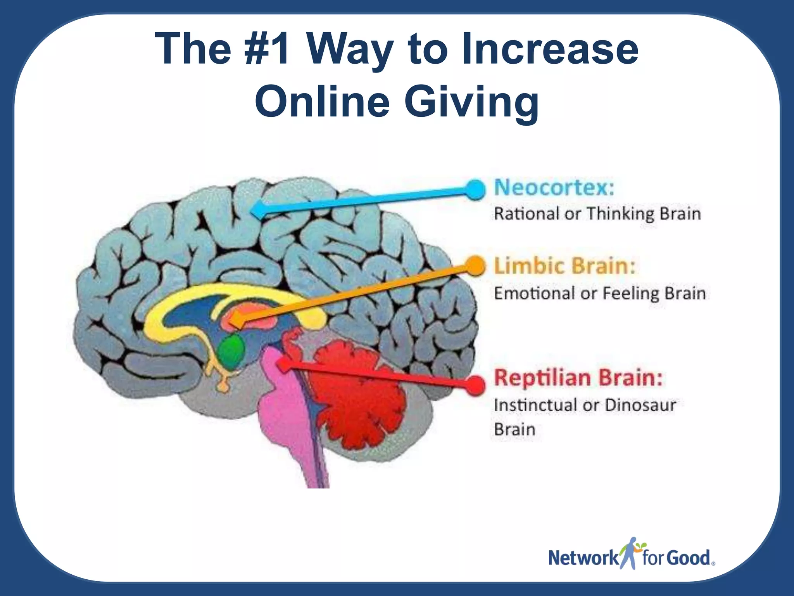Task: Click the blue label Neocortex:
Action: (554, 188)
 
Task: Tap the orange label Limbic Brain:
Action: (564, 266)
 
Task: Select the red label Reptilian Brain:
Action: (578, 378)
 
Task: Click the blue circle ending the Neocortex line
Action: (474, 189)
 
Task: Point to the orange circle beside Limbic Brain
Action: (474, 266)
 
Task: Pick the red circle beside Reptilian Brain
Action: (474, 385)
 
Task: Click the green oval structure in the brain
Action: (231, 349)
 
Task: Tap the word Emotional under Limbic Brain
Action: (533, 293)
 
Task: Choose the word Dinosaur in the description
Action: (640, 405)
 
